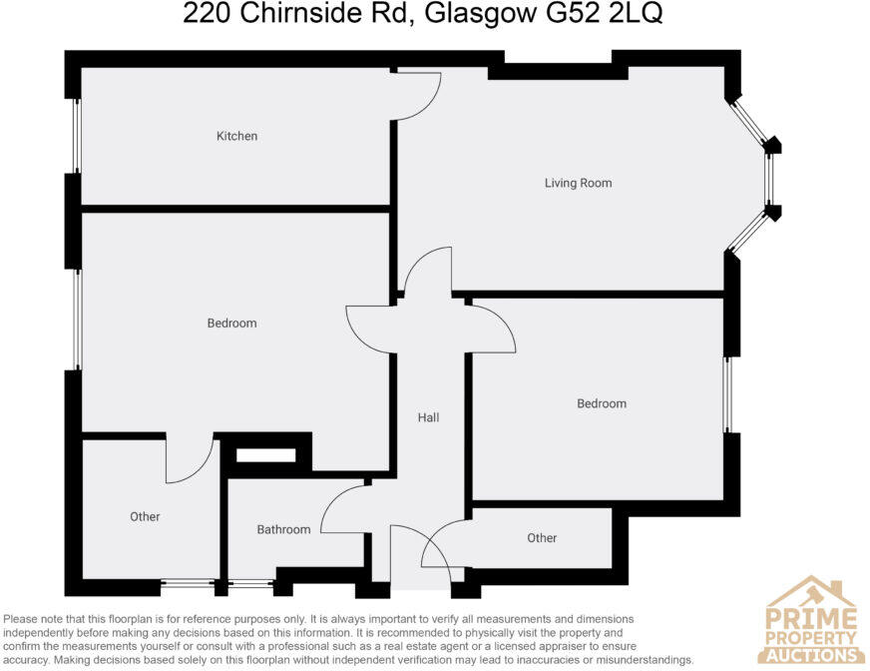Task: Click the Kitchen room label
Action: tap(237, 136)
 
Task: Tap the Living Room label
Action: tap(578, 183)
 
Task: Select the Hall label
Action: tap(428, 417)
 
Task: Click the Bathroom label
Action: tap(283, 529)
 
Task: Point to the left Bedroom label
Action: tap(231, 323)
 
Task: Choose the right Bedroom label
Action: tap(602, 403)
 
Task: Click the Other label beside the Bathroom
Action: tap(145, 516)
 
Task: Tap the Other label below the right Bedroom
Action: tap(542, 538)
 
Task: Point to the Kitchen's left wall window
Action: tap(76, 136)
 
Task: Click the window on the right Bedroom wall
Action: tap(728, 394)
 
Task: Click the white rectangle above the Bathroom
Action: tap(265, 455)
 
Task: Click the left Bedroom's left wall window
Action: tap(76, 320)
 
